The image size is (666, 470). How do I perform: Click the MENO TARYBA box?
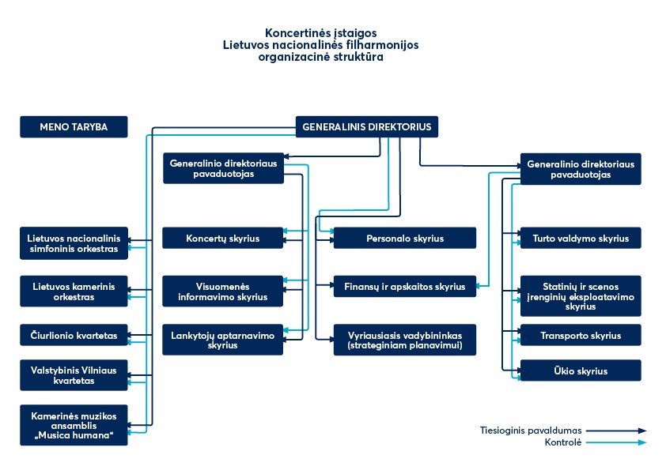point(74,126)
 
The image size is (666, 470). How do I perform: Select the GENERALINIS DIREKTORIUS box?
point(367,126)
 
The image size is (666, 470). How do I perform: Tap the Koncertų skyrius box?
point(223,238)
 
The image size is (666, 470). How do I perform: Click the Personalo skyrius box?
point(404,238)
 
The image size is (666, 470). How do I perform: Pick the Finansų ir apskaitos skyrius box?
point(404,286)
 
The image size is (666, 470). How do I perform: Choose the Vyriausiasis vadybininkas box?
point(404,340)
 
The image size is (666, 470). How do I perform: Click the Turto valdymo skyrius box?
point(581,238)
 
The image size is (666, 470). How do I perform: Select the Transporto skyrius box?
point(581,335)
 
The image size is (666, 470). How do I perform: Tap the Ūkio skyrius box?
point(581,370)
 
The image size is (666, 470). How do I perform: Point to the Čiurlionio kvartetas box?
point(74,335)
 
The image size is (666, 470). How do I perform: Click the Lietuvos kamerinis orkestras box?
point(74,291)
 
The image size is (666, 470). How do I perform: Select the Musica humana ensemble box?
point(74,425)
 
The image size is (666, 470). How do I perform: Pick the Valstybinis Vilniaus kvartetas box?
point(74,375)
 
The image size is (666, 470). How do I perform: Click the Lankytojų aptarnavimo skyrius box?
point(223,340)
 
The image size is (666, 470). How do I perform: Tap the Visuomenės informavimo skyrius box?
point(223,291)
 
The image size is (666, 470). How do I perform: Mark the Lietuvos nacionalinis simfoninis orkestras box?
point(74,243)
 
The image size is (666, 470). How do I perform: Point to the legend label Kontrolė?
point(562,442)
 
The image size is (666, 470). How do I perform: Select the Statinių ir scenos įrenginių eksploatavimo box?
point(581,295)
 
